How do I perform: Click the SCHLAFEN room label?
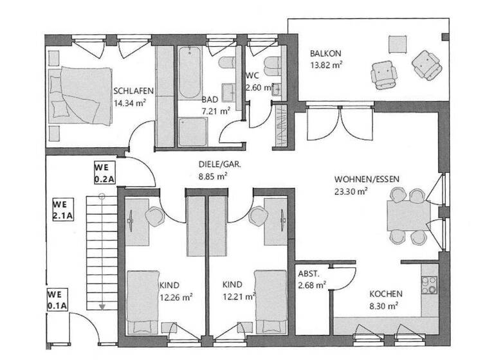(x=133, y=91)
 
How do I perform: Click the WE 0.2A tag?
(x=104, y=172)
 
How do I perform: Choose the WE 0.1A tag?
(x=57, y=301)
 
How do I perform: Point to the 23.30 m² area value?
(x=351, y=190)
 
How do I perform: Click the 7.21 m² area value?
(x=215, y=111)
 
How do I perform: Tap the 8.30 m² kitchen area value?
(x=384, y=306)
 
